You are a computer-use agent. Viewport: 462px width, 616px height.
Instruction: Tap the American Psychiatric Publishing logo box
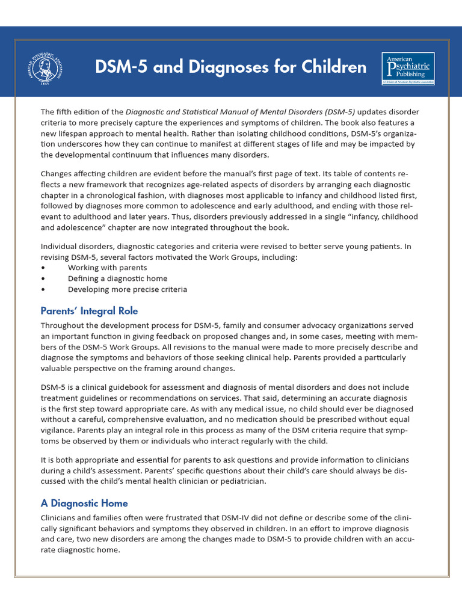coord(408,68)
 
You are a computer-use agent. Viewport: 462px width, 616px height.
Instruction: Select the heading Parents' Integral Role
coord(89,311)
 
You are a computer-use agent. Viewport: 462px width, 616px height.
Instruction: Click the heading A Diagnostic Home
coord(84,503)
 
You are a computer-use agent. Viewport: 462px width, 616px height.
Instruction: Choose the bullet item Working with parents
coord(107,268)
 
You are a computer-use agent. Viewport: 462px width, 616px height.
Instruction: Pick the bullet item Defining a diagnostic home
coord(117,279)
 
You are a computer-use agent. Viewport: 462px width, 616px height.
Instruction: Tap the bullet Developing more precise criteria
coord(127,289)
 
